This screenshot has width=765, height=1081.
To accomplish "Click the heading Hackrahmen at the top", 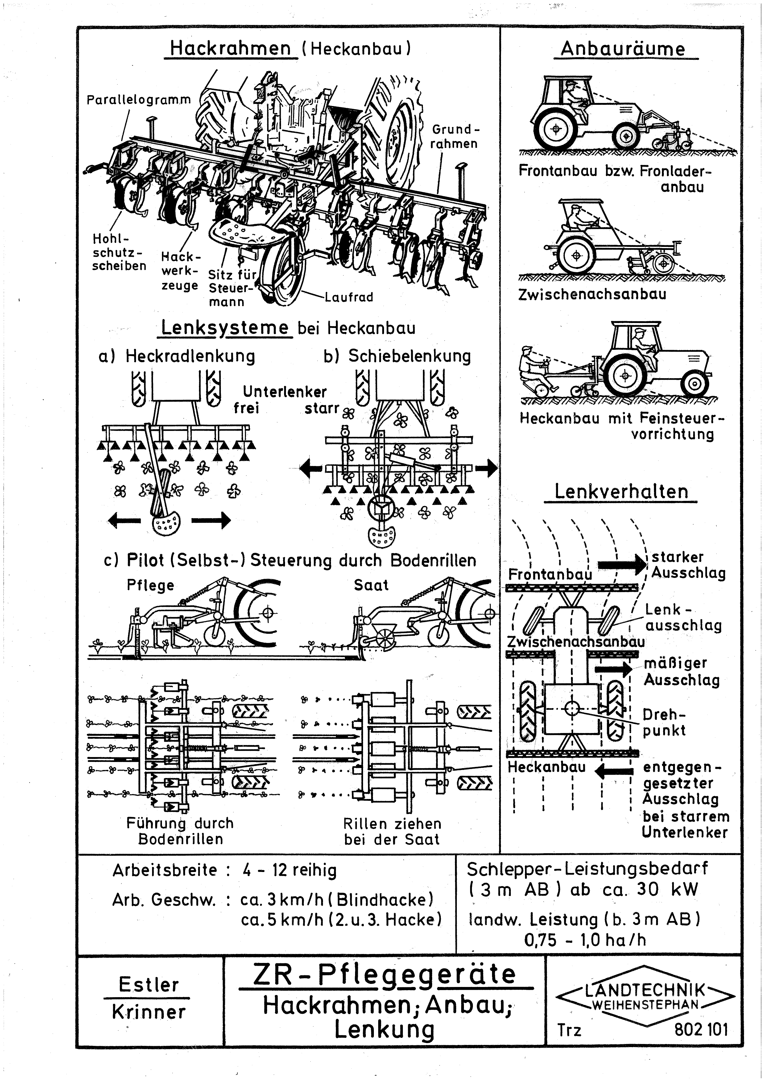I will (x=230, y=48).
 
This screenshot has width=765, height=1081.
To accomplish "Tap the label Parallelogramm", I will (x=139, y=100).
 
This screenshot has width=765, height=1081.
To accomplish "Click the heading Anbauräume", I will (x=623, y=49).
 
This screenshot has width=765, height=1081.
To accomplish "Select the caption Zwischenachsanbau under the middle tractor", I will (x=592, y=294).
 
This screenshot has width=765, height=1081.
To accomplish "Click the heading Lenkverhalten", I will (x=621, y=492).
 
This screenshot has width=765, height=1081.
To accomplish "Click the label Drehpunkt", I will (x=664, y=723).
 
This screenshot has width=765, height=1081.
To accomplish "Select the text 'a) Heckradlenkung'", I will (x=177, y=356).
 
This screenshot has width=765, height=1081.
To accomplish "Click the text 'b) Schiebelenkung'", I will (x=397, y=356).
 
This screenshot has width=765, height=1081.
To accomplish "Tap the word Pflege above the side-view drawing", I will (x=150, y=585).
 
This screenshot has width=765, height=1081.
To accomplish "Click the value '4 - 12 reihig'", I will (x=289, y=870).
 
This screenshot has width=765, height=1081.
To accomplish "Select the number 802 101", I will (x=701, y=1029).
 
